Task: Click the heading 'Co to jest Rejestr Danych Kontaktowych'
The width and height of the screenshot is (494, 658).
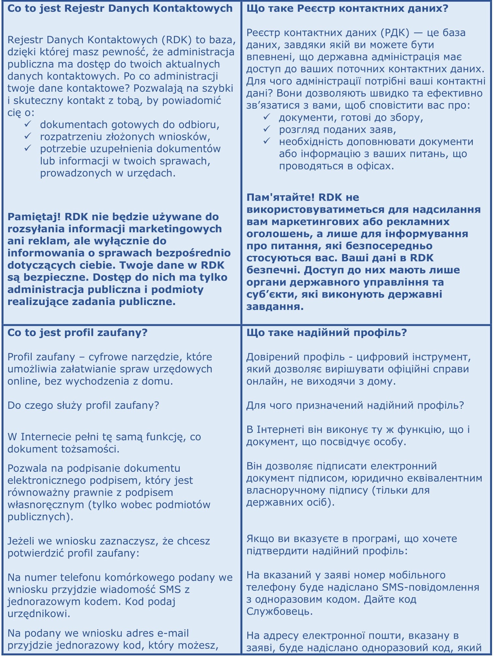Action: coord(120,8)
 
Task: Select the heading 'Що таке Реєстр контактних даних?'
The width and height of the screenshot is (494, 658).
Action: coord(347,8)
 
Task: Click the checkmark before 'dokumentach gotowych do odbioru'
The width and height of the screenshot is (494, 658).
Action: coord(28,124)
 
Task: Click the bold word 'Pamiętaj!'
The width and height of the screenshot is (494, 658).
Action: coord(34,217)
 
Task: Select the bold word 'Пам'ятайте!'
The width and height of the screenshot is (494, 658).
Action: coord(280,197)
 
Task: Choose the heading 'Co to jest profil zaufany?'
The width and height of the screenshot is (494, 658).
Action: coord(77,332)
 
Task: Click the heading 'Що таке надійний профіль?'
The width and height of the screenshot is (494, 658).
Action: coord(327,332)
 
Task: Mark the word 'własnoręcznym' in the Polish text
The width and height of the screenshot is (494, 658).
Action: coord(46,504)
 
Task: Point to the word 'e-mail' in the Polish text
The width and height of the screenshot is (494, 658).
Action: coord(173,633)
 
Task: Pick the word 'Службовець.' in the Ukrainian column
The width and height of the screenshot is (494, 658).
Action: coord(279,611)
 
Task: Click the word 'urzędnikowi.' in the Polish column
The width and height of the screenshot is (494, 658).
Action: coord(39,613)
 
